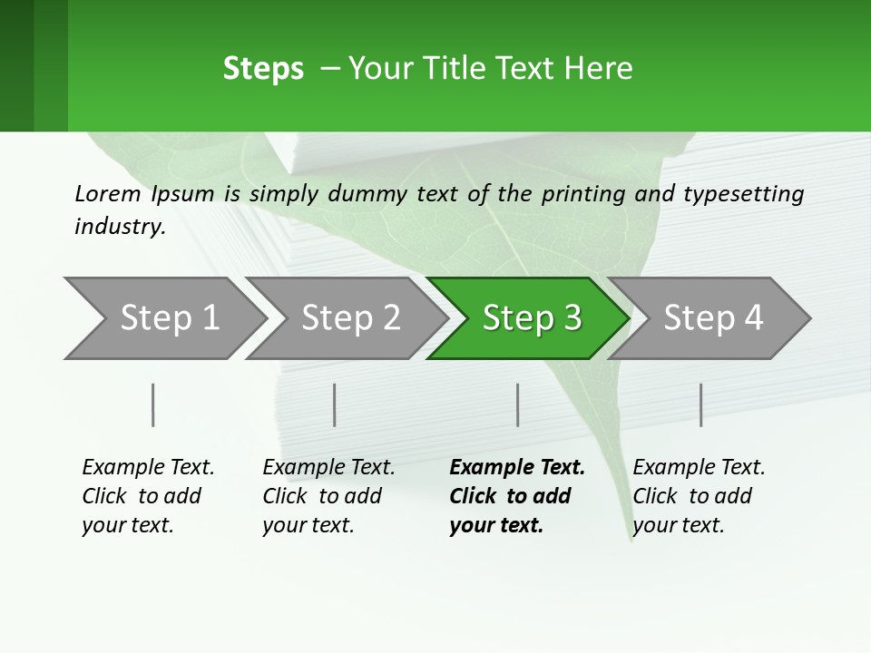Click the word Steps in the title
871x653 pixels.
(263, 69)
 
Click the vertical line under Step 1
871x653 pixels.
(153, 404)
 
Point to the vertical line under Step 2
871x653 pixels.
(335, 404)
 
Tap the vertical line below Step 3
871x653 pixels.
(518, 404)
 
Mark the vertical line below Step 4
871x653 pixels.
(701, 404)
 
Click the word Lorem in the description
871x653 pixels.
(108, 193)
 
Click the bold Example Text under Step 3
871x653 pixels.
(517, 468)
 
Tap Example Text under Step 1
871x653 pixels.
(148, 468)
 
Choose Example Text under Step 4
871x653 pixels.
(699, 468)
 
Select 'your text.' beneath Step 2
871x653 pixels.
(308, 526)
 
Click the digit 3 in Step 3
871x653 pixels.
(572, 318)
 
